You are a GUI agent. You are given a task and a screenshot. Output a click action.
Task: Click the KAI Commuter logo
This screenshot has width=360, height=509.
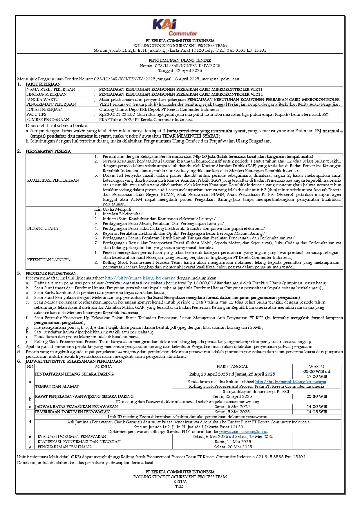pyautogui.click(x=175, y=27)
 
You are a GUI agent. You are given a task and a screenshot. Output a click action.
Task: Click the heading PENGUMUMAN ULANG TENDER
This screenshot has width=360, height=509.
pyautogui.click(x=180, y=60)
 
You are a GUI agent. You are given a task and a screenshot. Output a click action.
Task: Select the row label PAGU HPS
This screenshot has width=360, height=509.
pyautogui.click(x=36, y=114)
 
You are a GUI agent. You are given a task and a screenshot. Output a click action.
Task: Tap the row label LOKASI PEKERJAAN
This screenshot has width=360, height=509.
pyautogui.click(x=45, y=109)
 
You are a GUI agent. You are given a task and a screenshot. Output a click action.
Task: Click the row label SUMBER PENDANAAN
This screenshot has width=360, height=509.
pyautogui.click(x=48, y=120)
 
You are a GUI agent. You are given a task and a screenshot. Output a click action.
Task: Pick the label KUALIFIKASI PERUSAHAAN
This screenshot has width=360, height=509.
pyautogui.click(x=53, y=180)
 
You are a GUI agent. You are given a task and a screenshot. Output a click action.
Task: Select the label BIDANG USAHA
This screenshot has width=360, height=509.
pyautogui.click(x=43, y=228)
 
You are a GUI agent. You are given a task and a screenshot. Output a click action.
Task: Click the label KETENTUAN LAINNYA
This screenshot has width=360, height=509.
pyautogui.click(x=49, y=260)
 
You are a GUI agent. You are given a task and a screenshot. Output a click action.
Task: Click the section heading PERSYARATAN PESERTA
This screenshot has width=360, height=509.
pyautogui.click(x=48, y=151)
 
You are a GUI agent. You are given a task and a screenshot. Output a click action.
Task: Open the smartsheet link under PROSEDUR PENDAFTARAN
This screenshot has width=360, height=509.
pyautogui.click(x=140, y=278)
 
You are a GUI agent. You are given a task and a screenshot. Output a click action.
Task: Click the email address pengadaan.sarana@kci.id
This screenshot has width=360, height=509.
pyautogui.click(x=243, y=432)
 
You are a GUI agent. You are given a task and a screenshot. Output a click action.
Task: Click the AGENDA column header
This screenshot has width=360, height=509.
pyautogui.click(x=103, y=367)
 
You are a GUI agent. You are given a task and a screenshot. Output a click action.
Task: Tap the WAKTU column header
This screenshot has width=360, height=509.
pyautogui.click(x=316, y=367)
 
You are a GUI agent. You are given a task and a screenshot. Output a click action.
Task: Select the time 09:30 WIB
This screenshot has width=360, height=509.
pyautogui.click(x=317, y=396)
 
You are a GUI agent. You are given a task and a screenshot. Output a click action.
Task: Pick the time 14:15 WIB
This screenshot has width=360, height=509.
pyautogui.click(x=317, y=412)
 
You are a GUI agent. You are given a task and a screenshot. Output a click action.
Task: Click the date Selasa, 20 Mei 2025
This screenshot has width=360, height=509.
pyautogui.click(x=233, y=447)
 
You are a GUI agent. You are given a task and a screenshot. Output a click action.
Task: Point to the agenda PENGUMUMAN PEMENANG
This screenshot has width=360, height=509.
pyautogui.click(x=65, y=447)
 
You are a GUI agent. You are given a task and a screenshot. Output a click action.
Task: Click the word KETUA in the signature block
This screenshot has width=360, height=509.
pyautogui.click(x=180, y=481)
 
